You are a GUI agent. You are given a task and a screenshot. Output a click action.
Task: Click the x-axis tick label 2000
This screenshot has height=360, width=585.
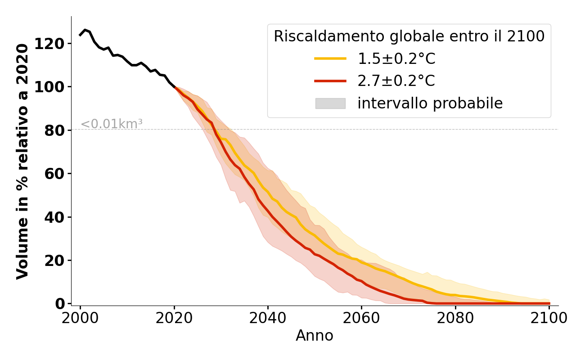[x=80, y=319]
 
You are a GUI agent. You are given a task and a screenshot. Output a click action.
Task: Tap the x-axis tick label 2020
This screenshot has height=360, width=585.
[x=174, y=319]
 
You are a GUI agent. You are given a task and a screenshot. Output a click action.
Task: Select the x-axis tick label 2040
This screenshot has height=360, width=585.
[x=268, y=319]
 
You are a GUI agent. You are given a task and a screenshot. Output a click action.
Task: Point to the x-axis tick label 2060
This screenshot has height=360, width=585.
[x=361, y=319]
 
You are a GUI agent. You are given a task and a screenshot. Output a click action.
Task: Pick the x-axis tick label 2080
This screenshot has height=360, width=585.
[x=455, y=319]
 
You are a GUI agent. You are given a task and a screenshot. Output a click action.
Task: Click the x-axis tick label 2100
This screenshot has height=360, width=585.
[x=549, y=319]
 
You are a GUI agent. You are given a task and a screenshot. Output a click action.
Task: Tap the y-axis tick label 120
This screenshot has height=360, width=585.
[x=55, y=44]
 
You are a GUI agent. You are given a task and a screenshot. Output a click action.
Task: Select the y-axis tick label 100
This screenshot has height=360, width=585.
[x=55, y=87]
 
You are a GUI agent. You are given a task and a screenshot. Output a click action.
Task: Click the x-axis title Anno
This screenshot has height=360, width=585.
[x=315, y=336]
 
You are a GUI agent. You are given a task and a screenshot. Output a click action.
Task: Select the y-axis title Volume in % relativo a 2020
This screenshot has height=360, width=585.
[x=22, y=161]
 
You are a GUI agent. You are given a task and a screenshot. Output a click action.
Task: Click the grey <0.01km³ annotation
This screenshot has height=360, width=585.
[x=112, y=124]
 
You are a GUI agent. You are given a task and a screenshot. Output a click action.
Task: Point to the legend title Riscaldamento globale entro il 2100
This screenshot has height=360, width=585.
[x=409, y=36]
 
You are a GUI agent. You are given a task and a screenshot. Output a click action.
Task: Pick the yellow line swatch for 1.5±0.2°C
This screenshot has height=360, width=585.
[x=330, y=58]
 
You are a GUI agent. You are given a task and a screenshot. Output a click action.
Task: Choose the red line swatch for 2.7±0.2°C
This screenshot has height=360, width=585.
[x=330, y=81]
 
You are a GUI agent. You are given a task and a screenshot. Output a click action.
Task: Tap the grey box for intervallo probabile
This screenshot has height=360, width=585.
[x=330, y=103]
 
